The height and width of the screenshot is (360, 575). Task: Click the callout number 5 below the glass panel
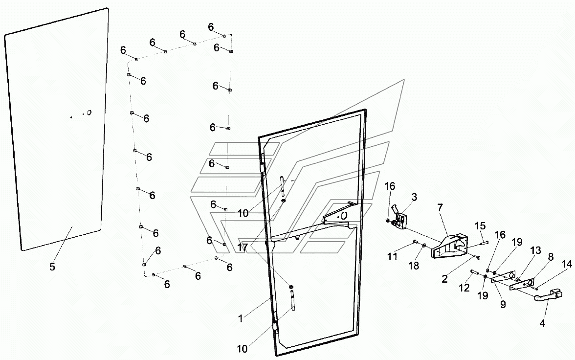coord(52,267)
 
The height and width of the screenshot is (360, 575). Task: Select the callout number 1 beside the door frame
coord(241,318)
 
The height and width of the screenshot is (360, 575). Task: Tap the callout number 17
coord(243,247)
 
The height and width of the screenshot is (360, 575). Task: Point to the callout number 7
coord(440,208)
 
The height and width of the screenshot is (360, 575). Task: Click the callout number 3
coord(414,197)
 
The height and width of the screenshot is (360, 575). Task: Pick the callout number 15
coord(480,226)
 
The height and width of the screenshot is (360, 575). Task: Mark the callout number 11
coord(392,256)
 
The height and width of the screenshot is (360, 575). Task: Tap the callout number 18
coord(414,265)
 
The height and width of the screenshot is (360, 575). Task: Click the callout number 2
coord(445,279)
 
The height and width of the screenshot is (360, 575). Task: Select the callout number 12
coord(464,287)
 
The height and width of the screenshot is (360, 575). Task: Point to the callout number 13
coord(536,250)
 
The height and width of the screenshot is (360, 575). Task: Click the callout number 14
coord(567,264)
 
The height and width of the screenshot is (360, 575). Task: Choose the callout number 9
coord(503,304)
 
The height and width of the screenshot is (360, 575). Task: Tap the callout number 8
coord(551,257)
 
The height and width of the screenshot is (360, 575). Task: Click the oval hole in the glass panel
coord(89,112)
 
